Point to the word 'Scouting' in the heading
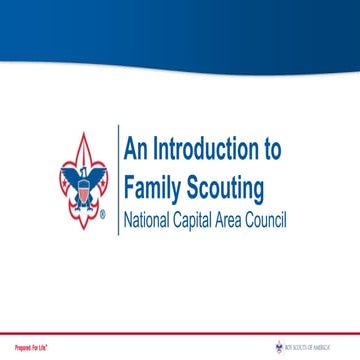click(228, 188)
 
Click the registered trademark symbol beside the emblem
click(103, 214)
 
